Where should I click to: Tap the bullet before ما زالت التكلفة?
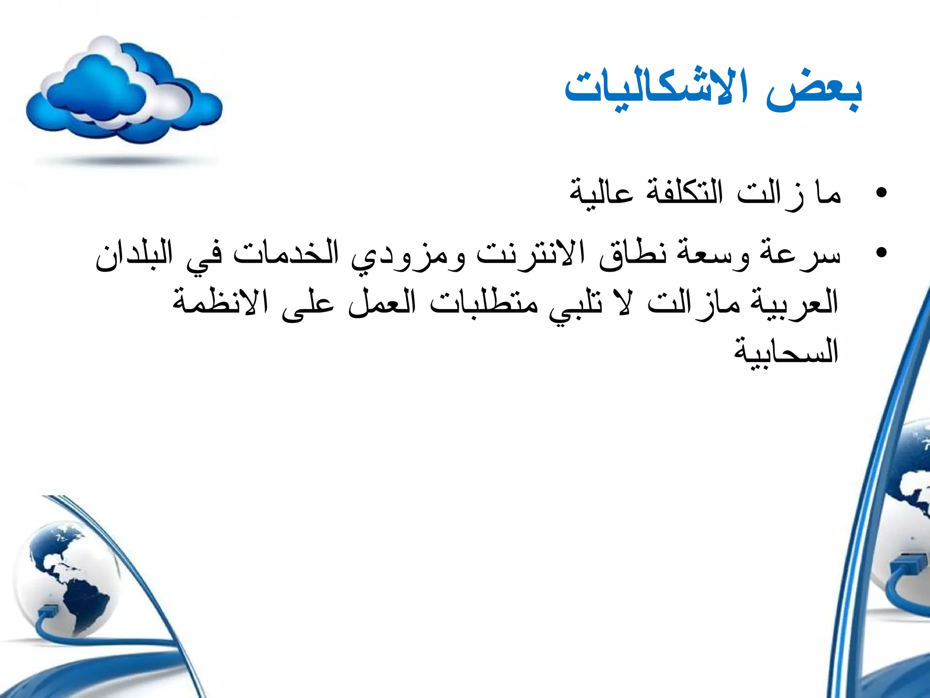[x=881, y=193]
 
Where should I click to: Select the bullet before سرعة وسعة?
[x=881, y=252]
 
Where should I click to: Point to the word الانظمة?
[x=220, y=302]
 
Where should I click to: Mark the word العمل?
[x=381, y=302]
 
